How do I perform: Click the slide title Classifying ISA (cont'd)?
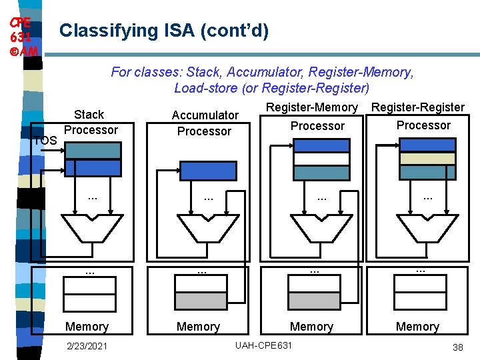point(164,31)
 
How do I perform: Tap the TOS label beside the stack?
point(45,141)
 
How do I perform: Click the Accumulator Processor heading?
point(204,123)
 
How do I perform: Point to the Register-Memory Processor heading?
point(313,117)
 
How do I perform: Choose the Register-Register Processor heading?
point(418,116)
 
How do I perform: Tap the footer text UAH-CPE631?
point(263,345)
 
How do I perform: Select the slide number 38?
point(457,347)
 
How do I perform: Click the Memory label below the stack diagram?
point(86,327)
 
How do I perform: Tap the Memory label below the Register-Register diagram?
point(417,327)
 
